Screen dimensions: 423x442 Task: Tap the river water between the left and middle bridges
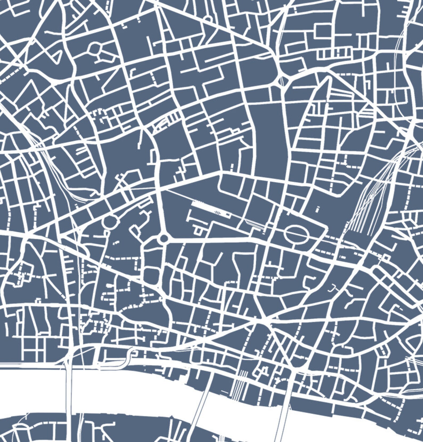point(133,389)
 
